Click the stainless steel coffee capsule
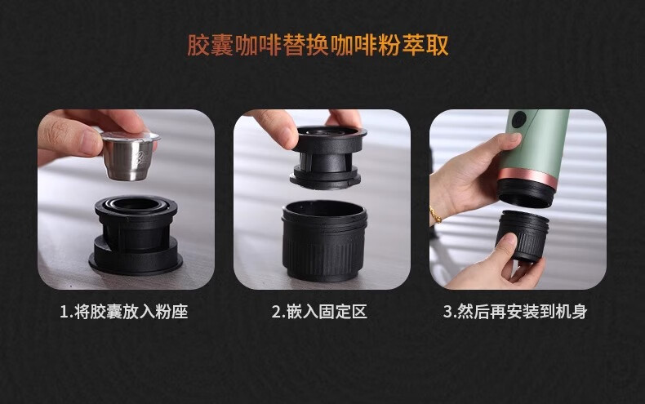(x=130, y=156)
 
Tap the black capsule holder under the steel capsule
(x=136, y=235)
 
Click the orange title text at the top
(x=318, y=45)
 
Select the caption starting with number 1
(x=124, y=312)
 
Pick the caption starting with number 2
(x=319, y=312)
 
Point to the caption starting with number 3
(x=515, y=312)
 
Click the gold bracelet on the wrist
(x=435, y=215)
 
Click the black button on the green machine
(x=519, y=120)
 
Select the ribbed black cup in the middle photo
(x=324, y=240)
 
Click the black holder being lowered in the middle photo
(x=328, y=158)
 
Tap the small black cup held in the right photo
(x=523, y=236)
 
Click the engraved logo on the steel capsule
(x=142, y=158)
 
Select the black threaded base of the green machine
(x=524, y=192)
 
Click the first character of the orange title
(x=199, y=45)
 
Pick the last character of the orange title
(x=438, y=45)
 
